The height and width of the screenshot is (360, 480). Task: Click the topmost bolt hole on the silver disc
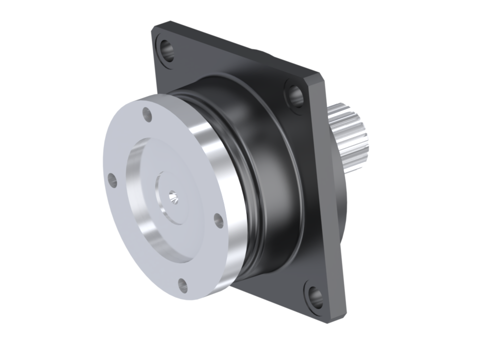click(x=147, y=114)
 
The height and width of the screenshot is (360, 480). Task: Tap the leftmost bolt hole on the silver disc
click(x=112, y=180)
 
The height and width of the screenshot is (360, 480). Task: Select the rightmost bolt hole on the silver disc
click(x=218, y=220)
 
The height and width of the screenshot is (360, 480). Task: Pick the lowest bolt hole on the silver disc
click(x=183, y=285)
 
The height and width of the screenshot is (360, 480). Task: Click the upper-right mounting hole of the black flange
click(x=295, y=94)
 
